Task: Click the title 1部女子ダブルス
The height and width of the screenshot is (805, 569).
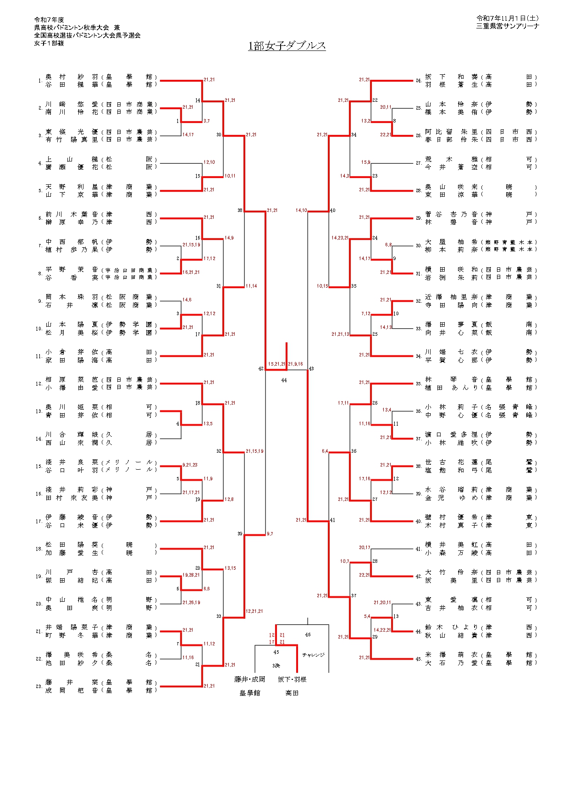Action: [x=287, y=46]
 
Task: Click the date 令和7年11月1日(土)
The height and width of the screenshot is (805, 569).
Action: [x=507, y=18]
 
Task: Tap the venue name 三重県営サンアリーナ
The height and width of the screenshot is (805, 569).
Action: [x=507, y=26]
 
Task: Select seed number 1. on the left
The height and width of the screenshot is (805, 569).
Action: [x=40, y=81]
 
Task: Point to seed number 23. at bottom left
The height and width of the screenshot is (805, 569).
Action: [x=39, y=686]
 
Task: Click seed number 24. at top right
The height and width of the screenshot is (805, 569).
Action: [x=418, y=81]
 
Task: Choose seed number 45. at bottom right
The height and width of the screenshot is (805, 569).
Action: [x=418, y=659]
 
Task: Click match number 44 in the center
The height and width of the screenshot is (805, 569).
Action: [x=284, y=380]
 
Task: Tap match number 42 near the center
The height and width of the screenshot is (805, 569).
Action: [x=261, y=369]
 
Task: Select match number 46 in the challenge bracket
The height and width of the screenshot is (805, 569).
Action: [x=308, y=635]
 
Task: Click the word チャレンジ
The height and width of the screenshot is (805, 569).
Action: [x=313, y=655]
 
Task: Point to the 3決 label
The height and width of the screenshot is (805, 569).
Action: [x=276, y=666]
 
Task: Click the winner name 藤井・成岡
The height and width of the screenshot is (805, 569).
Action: [x=249, y=679]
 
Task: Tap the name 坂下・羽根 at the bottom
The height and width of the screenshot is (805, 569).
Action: [x=292, y=679]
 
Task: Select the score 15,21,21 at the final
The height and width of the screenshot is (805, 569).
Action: [x=277, y=364]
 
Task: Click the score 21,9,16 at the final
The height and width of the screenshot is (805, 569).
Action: [x=295, y=364]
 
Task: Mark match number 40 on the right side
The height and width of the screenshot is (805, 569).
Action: [x=332, y=211]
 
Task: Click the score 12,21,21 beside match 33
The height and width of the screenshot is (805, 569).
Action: [x=254, y=611]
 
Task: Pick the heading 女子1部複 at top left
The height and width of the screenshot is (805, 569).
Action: [x=49, y=43]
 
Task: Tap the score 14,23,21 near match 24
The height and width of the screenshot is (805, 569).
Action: [x=340, y=238]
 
